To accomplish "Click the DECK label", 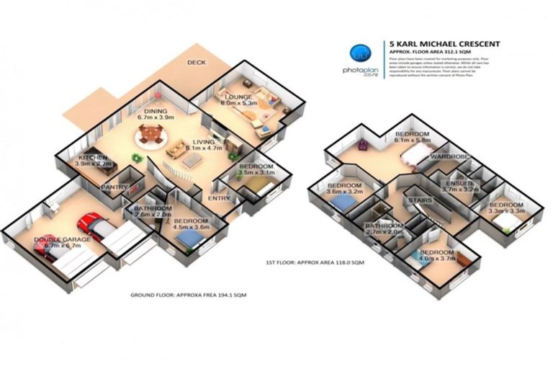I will tap(197, 63).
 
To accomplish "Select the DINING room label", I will tap(156, 111).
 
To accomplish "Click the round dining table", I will tap(151, 134).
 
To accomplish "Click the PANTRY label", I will tap(116, 187).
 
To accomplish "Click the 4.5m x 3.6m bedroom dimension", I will tap(191, 228).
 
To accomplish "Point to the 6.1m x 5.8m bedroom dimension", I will tap(411, 141).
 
